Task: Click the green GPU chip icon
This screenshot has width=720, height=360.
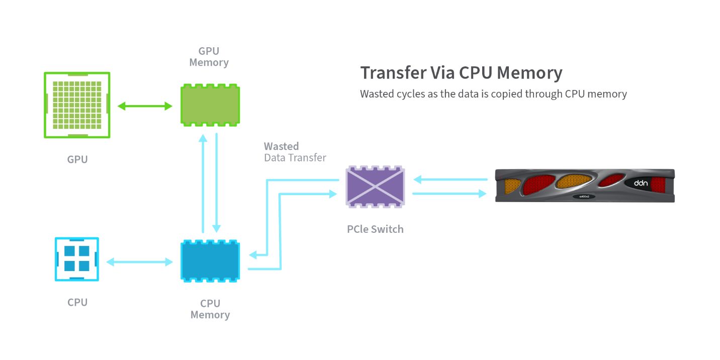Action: [x=77, y=105]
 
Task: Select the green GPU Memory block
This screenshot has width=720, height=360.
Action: [x=210, y=105]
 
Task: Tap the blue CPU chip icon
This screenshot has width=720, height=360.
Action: [x=77, y=259]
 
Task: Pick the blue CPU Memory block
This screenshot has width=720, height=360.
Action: [x=210, y=261]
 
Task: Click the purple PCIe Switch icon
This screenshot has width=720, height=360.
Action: [x=375, y=187]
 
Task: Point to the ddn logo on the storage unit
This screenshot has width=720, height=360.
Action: [x=641, y=183]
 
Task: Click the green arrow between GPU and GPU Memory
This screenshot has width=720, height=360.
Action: [x=145, y=106]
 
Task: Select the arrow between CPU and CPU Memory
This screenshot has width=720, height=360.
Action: [x=139, y=262]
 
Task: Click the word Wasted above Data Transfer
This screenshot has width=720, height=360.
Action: [x=281, y=146]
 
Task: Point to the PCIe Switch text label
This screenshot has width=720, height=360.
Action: [x=375, y=229]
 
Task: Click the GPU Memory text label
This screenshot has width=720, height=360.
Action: [x=209, y=57]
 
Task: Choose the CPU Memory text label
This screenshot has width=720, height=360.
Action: [x=210, y=309]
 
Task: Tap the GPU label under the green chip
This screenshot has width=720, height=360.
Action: [x=77, y=159]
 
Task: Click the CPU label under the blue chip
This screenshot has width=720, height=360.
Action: [x=77, y=303]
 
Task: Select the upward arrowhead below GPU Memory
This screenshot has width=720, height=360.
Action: [x=203, y=138]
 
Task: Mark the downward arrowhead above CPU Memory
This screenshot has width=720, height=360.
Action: [x=217, y=228]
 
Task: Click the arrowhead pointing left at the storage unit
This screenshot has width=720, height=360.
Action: [x=417, y=179]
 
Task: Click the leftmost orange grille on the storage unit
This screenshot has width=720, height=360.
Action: [x=512, y=186]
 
